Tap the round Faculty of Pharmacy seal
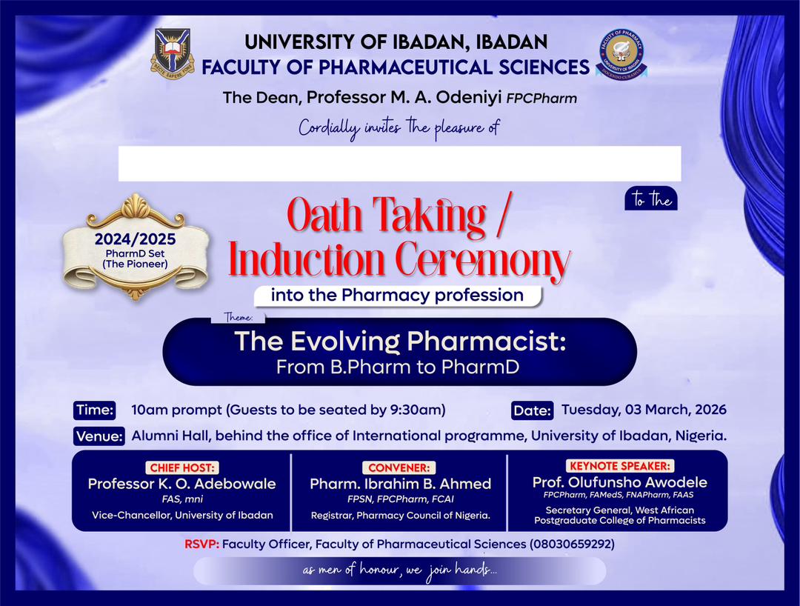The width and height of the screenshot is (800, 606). pyautogui.click(x=621, y=53)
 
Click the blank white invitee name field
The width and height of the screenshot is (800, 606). pyautogui.click(x=399, y=164)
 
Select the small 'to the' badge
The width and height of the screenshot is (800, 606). pyautogui.click(x=651, y=199)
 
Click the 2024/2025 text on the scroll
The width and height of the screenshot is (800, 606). pyautogui.click(x=135, y=240)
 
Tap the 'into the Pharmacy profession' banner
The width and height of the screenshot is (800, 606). pyautogui.click(x=397, y=296)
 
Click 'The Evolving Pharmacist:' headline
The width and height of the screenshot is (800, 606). pyautogui.click(x=399, y=342)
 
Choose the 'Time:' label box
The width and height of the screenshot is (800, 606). pyautogui.click(x=94, y=410)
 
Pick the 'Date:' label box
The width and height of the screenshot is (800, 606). pyautogui.click(x=532, y=410)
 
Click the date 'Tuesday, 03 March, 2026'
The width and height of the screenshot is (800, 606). pyautogui.click(x=644, y=410)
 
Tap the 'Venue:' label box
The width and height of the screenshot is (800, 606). pyautogui.click(x=99, y=436)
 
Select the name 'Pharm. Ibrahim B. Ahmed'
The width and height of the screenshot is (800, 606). pyautogui.click(x=400, y=484)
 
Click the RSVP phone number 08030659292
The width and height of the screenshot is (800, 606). pyautogui.click(x=571, y=545)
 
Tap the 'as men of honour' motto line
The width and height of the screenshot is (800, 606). pyautogui.click(x=399, y=571)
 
